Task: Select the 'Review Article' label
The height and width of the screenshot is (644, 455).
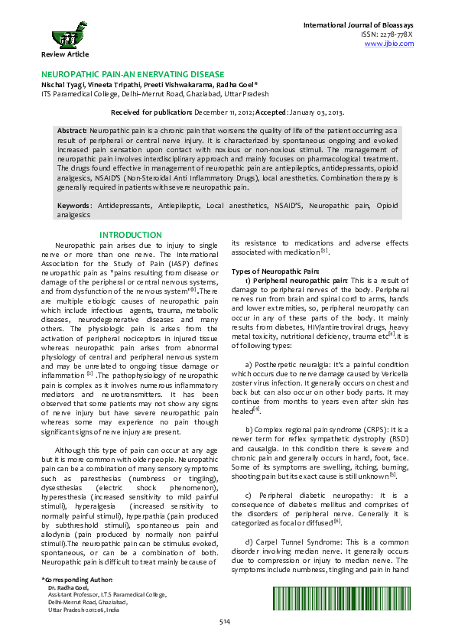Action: click(65, 54)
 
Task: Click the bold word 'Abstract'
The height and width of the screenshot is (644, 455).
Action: click(73, 132)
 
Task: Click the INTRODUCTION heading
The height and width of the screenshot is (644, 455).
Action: click(131, 235)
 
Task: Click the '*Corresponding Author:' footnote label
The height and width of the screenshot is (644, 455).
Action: click(77, 601)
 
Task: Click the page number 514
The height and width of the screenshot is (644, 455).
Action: click(225, 622)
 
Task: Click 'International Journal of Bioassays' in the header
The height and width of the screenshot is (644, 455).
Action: click(359, 25)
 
